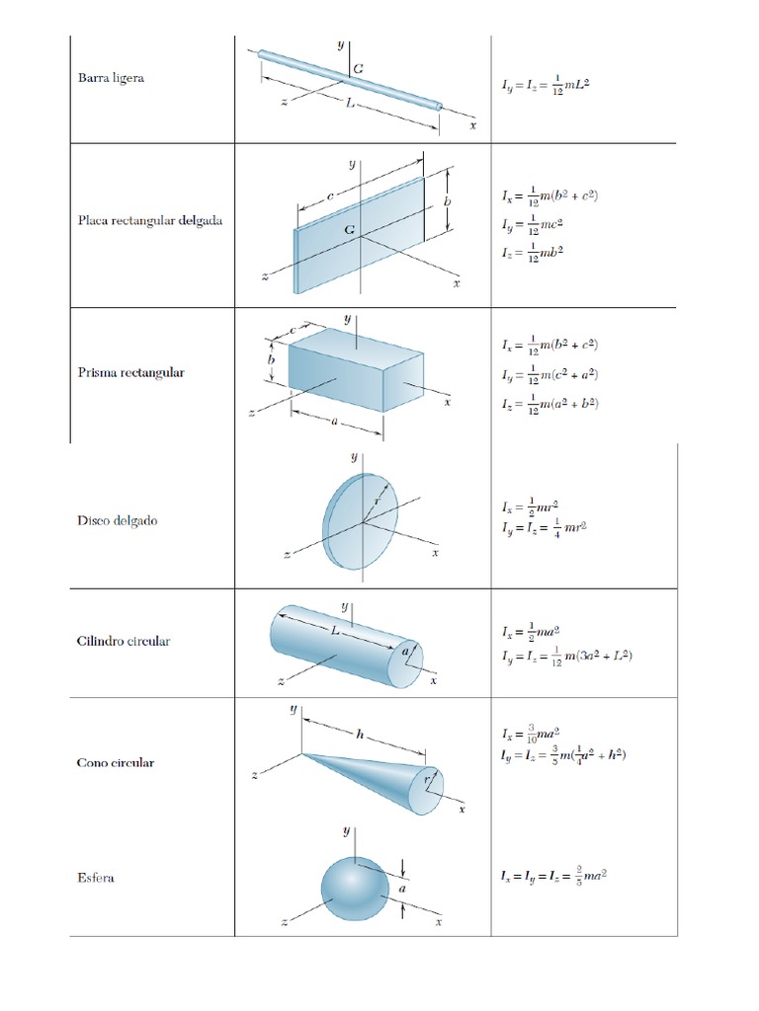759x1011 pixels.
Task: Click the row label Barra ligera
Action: pyautogui.click(x=111, y=78)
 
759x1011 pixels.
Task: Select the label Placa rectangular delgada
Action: pyautogui.click(x=149, y=220)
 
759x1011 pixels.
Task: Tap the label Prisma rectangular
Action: pyautogui.click(x=130, y=373)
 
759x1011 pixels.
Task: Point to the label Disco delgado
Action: pyautogui.click(x=117, y=520)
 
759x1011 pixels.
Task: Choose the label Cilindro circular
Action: pyautogui.click(x=124, y=641)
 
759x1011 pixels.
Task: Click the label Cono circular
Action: pyautogui.click(x=116, y=763)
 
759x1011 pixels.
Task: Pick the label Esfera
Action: pyautogui.click(x=95, y=877)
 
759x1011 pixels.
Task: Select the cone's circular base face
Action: pyautogui.click(x=427, y=789)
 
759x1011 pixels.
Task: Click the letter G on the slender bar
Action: pyautogui.click(x=357, y=67)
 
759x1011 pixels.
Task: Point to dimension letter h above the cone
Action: pyautogui.click(x=362, y=733)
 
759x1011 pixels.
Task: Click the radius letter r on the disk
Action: pyautogui.click(x=377, y=502)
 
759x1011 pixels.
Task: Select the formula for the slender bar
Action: pyautogui.click(x=545, y=86)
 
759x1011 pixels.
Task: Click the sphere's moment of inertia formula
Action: pyautogui.click(x=553, y=876)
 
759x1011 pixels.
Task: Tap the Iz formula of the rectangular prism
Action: pyautogui.click(x=549, y=403)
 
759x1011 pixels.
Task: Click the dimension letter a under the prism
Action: pyautogui.click(x=335, y=420)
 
